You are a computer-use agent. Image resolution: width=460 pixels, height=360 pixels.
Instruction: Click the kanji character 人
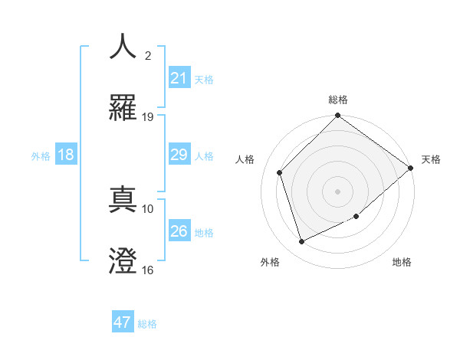[123, 46]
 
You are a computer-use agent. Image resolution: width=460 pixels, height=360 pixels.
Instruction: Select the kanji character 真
[123, 199]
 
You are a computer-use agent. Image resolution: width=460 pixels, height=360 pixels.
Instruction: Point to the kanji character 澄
[123, 261]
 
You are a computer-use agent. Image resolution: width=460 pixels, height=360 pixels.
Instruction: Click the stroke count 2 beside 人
[148, 55]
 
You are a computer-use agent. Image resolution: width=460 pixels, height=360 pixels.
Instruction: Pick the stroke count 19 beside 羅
[148, 117]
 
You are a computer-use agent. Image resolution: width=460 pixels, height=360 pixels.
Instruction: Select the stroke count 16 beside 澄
[148, 270]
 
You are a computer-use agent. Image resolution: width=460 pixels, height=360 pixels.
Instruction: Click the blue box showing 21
[179, 78]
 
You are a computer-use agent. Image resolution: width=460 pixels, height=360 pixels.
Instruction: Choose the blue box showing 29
[179, 155]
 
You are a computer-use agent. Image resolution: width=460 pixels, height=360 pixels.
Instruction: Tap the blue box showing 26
[179, 231]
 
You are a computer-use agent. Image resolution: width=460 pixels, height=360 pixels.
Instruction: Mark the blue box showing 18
[66, 155]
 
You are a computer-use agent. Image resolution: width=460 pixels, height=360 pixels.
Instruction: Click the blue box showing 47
[123, 322]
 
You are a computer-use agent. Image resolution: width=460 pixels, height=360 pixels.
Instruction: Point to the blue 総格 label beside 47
[147, 324]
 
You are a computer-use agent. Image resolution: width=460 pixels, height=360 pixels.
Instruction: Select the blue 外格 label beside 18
[41, 155]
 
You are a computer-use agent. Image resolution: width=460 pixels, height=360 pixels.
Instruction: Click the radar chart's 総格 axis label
[338, 100]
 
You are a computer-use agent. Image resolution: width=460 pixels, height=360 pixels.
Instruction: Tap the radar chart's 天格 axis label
[431, 159]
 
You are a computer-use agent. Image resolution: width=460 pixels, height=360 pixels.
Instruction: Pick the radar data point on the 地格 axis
[356, 217]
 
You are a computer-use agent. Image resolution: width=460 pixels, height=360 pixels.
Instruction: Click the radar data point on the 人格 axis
[280, 172]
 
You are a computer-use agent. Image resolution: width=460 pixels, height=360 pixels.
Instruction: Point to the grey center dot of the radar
[338, 191]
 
